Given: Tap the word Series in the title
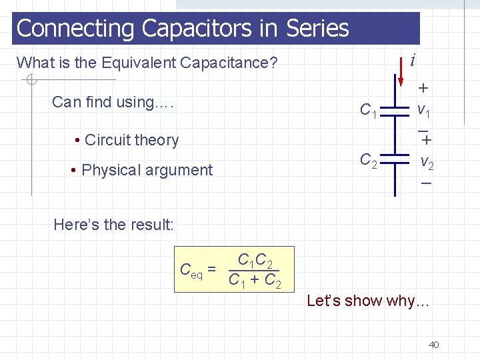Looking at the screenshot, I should click(x=317, y=28).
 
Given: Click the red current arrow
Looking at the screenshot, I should click(x=401, y=73).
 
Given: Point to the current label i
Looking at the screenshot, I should click(x=414, y=60).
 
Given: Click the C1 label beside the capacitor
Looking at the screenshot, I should click(x=369, y=110).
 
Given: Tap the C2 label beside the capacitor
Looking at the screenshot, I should click(x=369, y=160).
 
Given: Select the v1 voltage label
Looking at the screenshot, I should click(x=424, y=108).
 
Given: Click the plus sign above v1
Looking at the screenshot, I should click(x=423, y=88).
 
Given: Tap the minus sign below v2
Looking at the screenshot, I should click(x=426, y=183).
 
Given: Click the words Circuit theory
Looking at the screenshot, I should click(x=131, y=140).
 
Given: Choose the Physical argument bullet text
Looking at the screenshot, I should click(x=147, y=170).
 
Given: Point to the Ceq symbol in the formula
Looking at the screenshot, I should click(x=191, y=270).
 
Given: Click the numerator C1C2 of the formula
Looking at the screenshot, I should click(x=255, y=259).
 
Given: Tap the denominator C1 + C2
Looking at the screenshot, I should click(x=255, y=281).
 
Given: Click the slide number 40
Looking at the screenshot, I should click(x=433, y=345).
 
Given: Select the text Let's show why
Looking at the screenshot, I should click(x=368, y=301).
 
